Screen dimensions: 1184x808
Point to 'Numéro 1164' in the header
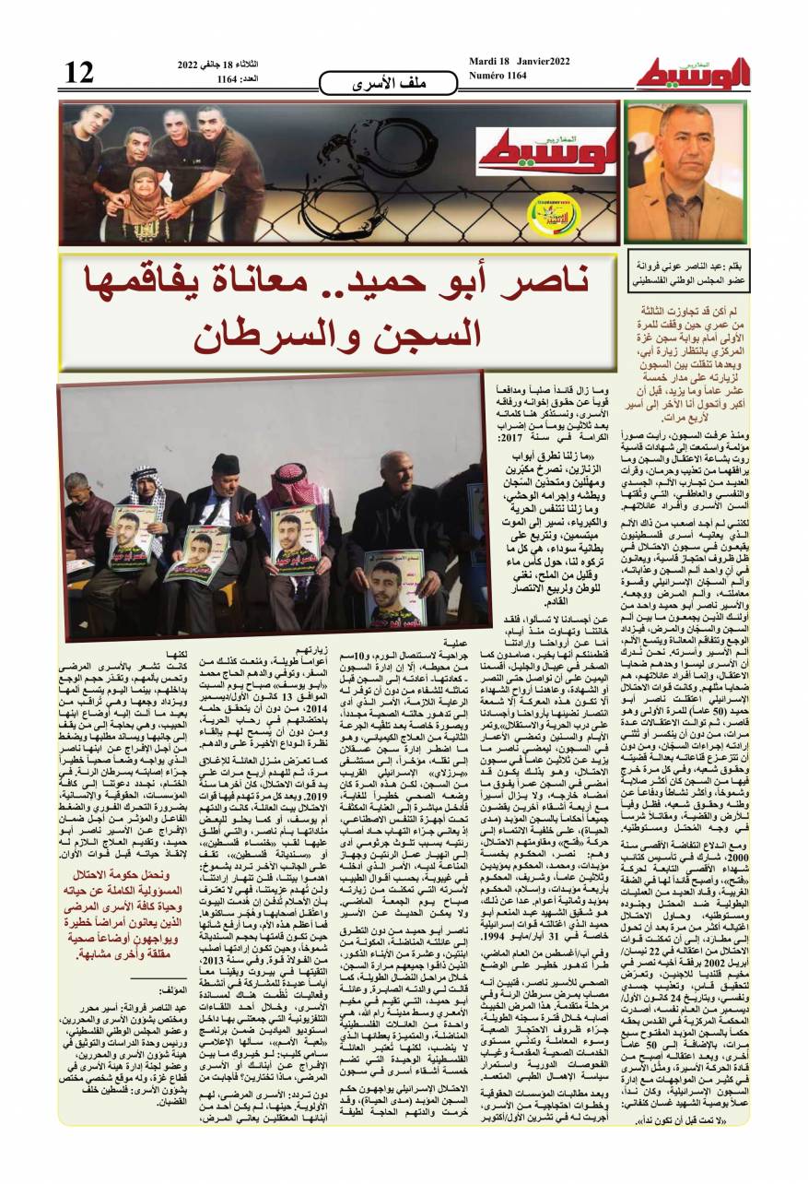498,76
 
